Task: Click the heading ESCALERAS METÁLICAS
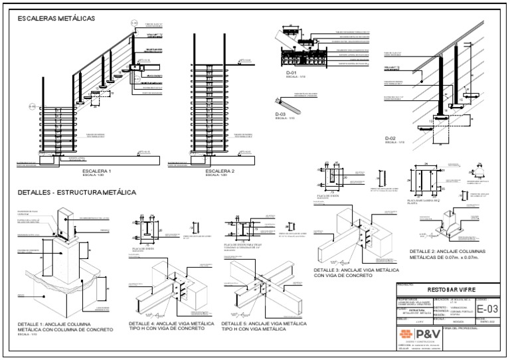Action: (x=56, y=18)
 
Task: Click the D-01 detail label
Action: (x=294, y=72)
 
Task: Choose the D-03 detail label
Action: (x=280, y=114)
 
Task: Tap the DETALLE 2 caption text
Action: (x=444, y=254)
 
